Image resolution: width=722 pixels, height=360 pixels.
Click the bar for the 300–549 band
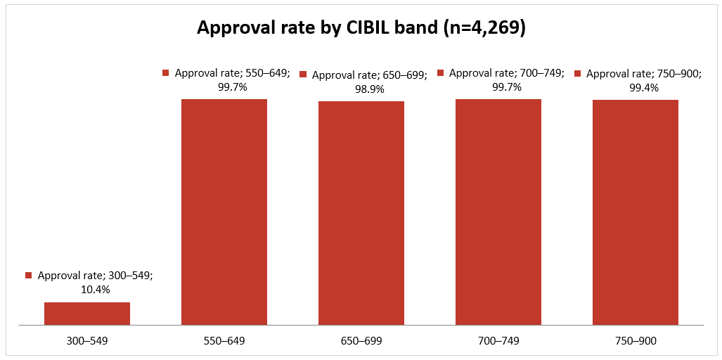(87, 314)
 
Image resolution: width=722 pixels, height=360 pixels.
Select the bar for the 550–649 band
(224, 212)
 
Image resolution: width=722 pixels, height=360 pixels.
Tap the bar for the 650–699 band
(361, 213)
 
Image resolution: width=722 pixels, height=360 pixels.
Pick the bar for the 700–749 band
(498, 212)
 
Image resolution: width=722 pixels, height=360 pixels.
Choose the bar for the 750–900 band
(636, 212)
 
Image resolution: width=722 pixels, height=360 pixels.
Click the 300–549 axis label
(87, 341)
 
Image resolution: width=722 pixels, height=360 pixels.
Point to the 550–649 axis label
(224, 341)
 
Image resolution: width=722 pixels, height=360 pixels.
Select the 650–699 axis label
(361, 341)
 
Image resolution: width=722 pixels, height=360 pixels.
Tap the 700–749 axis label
(498, 341)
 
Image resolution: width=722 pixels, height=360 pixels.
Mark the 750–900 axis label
(636, 341)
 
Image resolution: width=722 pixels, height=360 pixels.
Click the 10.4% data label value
(96, 290)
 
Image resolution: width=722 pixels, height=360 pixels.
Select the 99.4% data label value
(644, 88)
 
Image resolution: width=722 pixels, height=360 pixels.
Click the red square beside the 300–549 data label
(29, 276)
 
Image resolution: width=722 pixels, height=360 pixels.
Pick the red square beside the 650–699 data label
(303, 74)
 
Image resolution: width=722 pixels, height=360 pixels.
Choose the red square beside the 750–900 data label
(577, 73)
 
